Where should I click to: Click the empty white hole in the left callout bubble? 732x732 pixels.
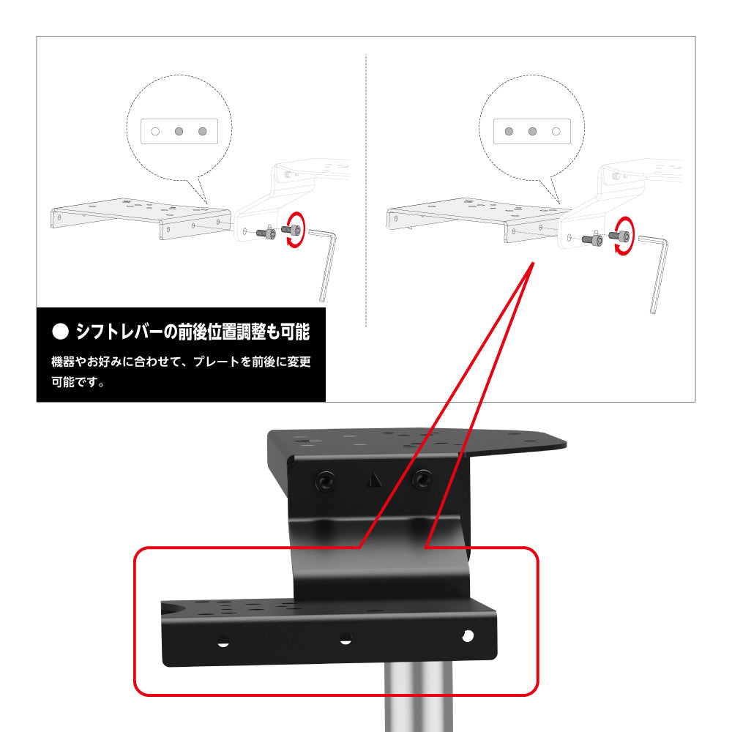point(155,132)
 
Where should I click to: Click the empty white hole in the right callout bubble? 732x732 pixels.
point(556,132)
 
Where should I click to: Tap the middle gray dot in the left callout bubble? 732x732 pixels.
point(179,132)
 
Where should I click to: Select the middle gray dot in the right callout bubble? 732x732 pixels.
point(533,132)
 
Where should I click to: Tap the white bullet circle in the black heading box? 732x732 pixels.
point(60,332)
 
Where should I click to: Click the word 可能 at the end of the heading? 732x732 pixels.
point(295,332)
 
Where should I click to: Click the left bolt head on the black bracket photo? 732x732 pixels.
point(325,481)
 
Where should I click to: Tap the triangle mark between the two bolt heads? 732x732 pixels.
point(374,480)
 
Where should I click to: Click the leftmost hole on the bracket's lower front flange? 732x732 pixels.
point(223,641)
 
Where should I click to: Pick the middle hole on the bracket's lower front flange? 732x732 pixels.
point(346,638)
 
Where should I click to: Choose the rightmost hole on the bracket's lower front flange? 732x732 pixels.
point(467,635)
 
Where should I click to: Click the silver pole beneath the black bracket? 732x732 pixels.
point(418,697)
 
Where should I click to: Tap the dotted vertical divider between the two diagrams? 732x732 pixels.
point(366,190)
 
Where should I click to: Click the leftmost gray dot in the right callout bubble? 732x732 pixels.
point(509,132)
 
